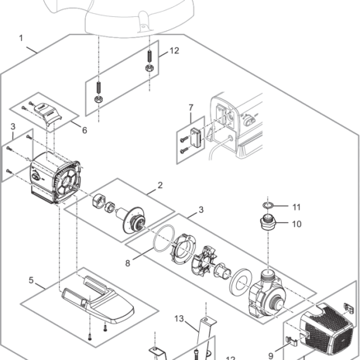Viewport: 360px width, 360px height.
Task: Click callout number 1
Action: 21,38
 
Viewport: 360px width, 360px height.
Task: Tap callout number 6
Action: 84,130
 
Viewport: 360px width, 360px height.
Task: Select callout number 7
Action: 190,108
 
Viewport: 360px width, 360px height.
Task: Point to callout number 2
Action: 160,185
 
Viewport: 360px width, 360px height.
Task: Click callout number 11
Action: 297,207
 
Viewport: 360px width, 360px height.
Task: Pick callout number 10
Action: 297,224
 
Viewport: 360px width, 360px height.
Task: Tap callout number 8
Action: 128,263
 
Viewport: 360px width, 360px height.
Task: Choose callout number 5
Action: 31,280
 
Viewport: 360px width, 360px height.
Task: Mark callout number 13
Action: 179,319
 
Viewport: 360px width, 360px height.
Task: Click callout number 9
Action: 271,356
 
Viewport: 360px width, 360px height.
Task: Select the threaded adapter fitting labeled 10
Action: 268,223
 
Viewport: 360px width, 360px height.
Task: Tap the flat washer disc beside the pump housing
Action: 241,282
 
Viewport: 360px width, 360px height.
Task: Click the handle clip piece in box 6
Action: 49,114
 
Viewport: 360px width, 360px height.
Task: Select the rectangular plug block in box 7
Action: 195,137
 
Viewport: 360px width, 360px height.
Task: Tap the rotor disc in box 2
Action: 134,219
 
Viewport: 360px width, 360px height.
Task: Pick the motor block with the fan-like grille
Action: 55,177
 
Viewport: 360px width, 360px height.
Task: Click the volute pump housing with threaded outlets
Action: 266,294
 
